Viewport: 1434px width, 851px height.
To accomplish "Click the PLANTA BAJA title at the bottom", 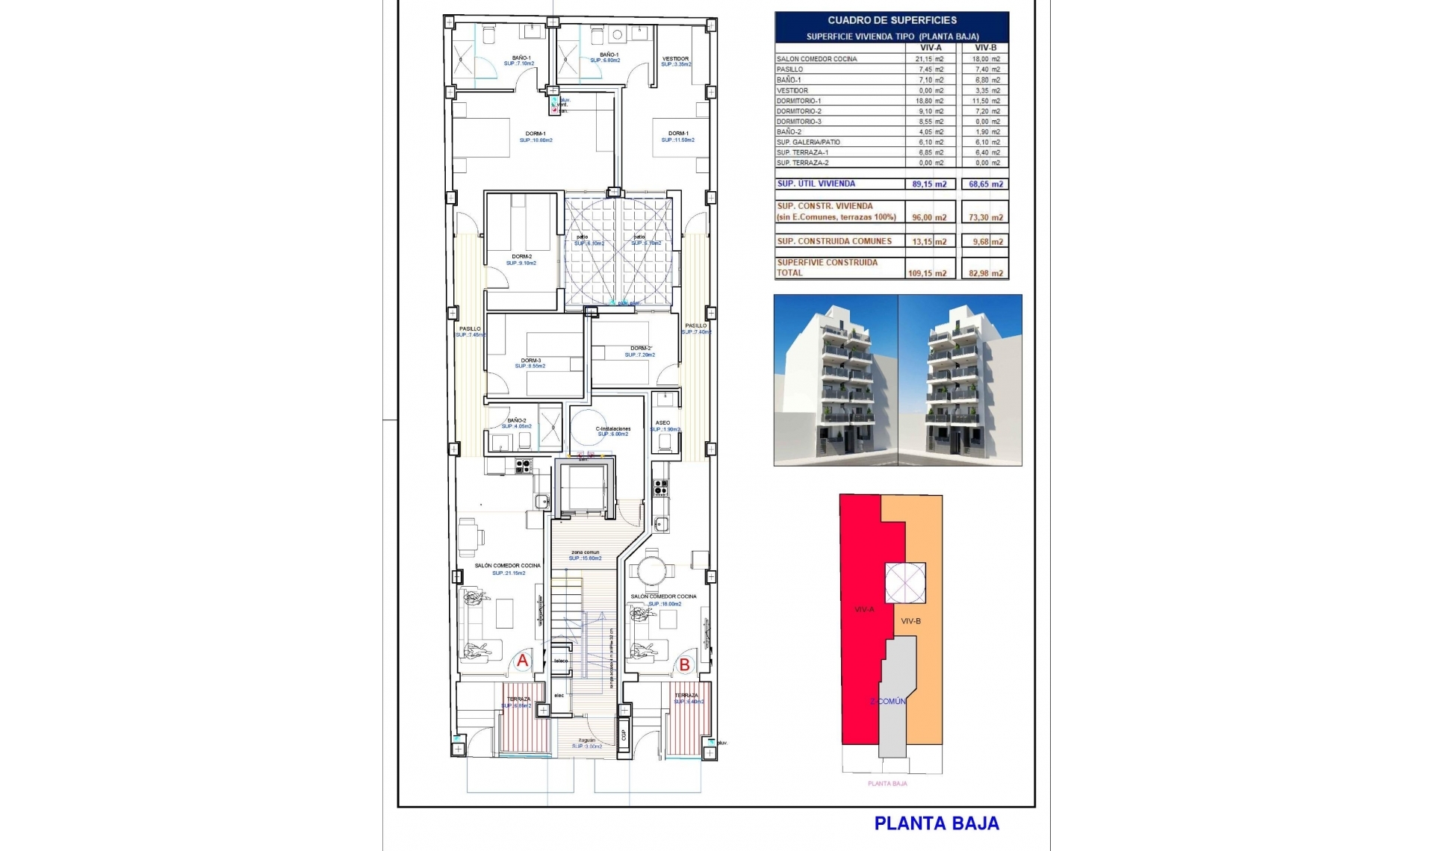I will pos(937,823).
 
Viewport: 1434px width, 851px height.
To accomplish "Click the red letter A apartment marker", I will pos(523,661).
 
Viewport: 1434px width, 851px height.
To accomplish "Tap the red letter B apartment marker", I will pos(684,664).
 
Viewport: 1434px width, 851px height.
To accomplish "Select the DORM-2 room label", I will pos(521,257).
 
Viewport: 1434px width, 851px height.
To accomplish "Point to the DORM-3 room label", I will pos(530,361).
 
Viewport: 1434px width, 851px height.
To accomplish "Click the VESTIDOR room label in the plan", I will pos(675,59).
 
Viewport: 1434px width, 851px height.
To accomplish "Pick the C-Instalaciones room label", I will pos(612,429).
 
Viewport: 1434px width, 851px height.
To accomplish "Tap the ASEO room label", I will pos(662,423).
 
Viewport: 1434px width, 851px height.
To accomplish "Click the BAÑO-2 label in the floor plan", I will pos(517,421).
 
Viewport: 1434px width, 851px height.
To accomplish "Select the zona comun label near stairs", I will pos(585,552).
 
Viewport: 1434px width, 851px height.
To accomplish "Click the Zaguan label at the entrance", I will pos(586,741).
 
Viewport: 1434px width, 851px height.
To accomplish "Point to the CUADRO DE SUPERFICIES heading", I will pos(892,20).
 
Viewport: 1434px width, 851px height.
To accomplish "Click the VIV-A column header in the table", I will pos(930,48).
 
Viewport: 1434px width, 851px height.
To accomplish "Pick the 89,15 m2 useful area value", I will pos(929,184).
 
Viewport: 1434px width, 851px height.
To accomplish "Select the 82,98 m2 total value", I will pos(986,273).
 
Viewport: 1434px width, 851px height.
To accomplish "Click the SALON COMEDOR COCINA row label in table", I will pos(816,59).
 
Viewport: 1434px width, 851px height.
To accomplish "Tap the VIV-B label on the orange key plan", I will pos(910,621).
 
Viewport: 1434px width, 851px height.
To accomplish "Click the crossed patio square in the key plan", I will pos(905,583).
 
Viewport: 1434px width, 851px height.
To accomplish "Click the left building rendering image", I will pos(835,380).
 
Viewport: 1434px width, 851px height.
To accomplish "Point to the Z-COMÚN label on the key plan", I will pos(888,701).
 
